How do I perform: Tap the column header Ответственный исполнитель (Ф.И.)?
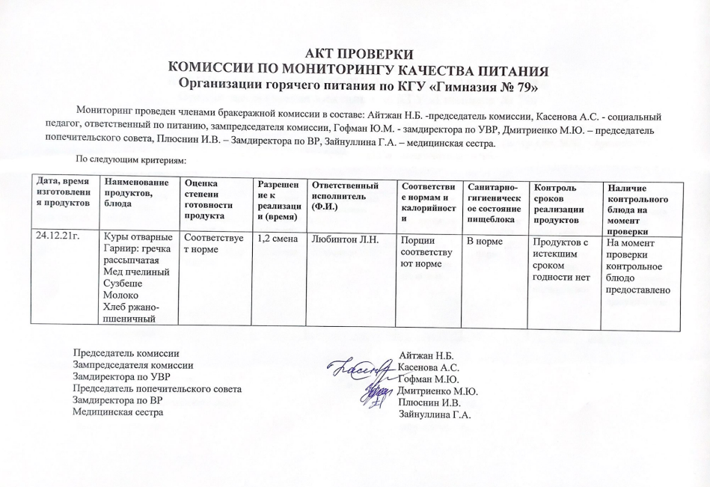345,195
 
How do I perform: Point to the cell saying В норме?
483,240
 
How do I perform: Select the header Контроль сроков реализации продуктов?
558,202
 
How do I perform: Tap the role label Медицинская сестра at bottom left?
117,412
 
